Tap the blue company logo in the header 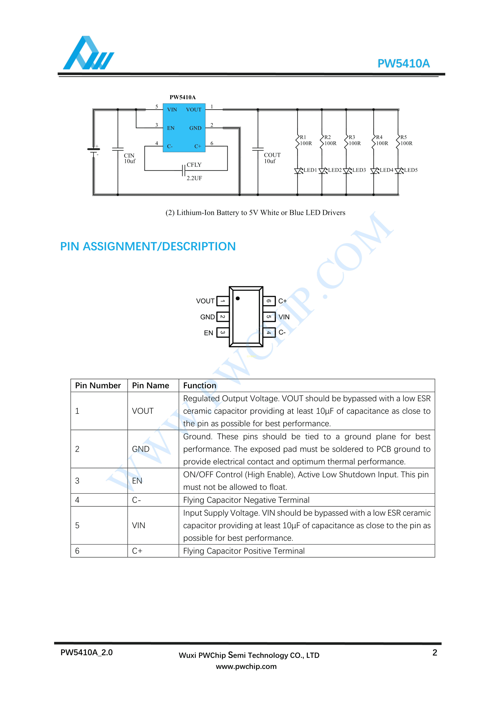pos(88,53)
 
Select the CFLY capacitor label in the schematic pos(194,165)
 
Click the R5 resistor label pos(403,137)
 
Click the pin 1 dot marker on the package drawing pos(238,298)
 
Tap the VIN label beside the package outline pos(284,317)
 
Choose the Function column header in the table pos(200,385)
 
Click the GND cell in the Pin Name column pos(141,449)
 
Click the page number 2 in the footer pos(435,652)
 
